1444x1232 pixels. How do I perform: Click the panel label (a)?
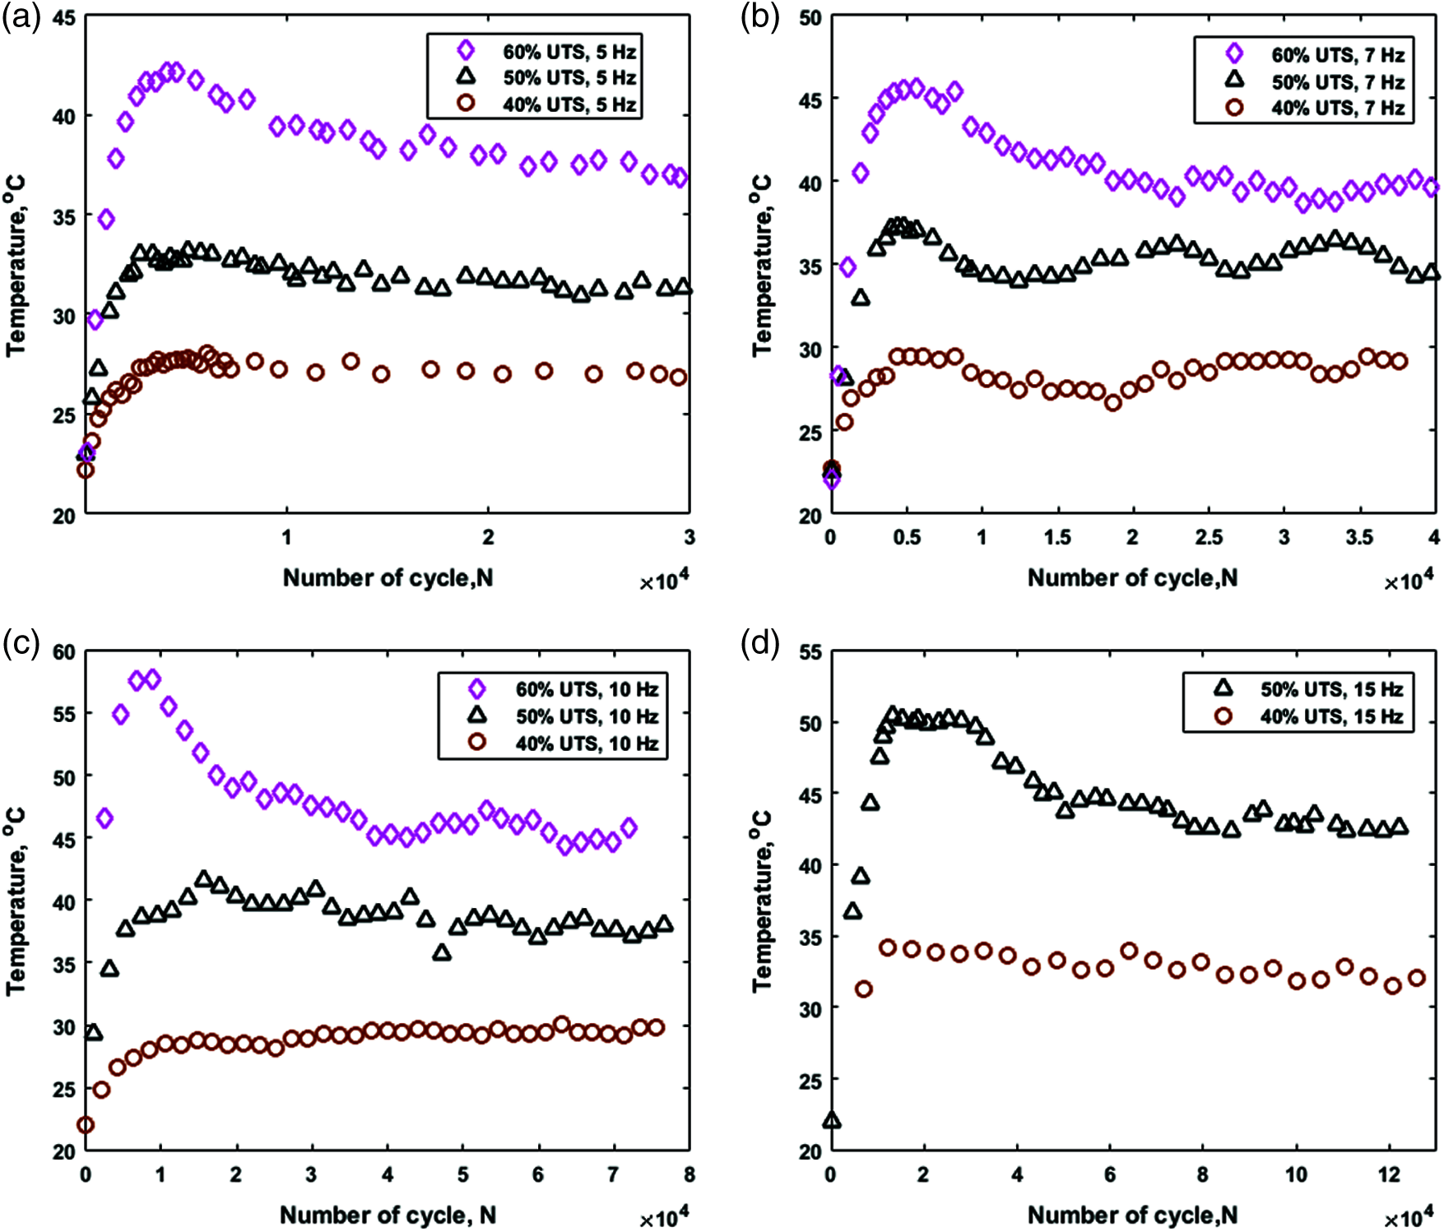pos(21,17)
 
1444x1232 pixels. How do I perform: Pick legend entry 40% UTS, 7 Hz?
pos(1338,108)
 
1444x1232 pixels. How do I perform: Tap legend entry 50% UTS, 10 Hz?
pos(587,716)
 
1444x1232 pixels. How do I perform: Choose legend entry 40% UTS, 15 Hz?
pos(1331,716)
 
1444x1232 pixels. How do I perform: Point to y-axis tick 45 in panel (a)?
pos(64,17)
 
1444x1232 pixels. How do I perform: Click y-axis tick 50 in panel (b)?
pos(810,17)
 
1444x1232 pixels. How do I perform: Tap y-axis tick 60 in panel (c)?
pos(64,652)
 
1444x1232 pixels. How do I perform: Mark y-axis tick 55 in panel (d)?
pos(810,653)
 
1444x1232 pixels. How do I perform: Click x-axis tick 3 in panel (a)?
pos(689,537)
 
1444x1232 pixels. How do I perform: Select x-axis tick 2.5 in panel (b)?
pos(1208,538)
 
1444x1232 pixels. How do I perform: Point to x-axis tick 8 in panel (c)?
pos(689,1174)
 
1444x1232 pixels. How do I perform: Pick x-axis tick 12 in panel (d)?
pos(1389,1174)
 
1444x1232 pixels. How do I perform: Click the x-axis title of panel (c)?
pos(388,1215)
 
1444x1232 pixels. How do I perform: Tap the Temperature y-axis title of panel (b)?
pos(762,265)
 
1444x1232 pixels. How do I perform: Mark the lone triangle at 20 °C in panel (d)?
pos(831,1121)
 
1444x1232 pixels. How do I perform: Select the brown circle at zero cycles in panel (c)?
pos(85,1124)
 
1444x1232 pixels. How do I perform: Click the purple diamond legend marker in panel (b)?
pos(1234,53)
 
